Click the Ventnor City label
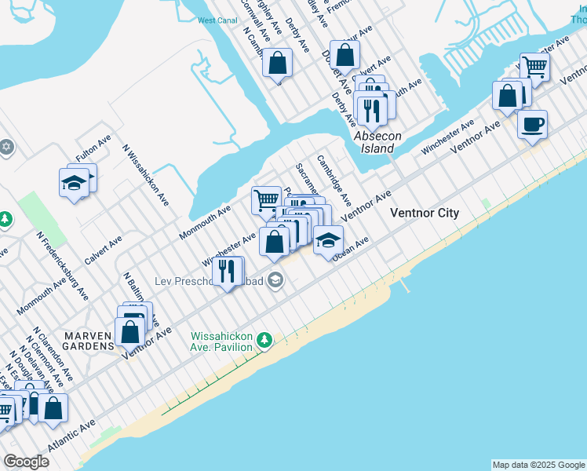[425, 214]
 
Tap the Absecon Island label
[377, 141]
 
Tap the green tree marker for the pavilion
[265, 340]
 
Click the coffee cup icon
[532, 124]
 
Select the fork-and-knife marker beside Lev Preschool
[228, 272]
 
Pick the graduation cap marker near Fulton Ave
[74, 184]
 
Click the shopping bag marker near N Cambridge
[277, 63]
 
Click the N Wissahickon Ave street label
[145, 174]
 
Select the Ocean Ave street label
[350, 250]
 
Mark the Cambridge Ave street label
[334, 180]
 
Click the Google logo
[26, 462]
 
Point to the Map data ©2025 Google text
[538, 465]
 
